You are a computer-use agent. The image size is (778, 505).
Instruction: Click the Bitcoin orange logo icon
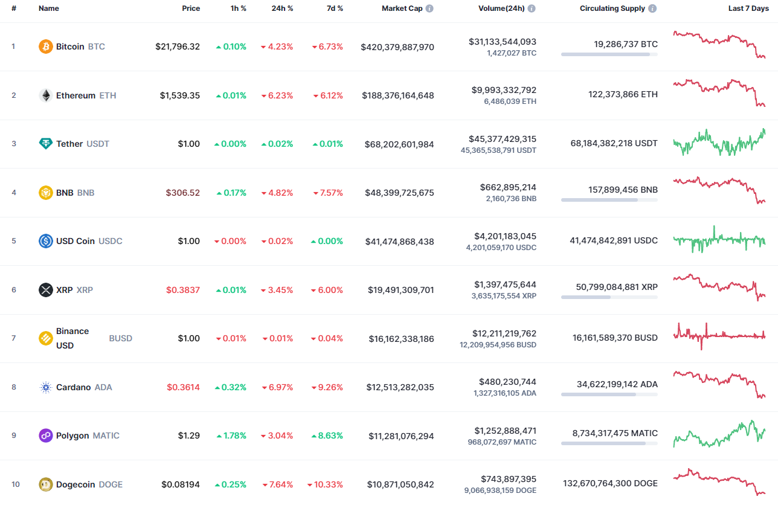46,47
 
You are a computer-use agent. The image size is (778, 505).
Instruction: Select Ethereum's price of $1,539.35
179,95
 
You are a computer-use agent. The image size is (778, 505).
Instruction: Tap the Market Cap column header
402,8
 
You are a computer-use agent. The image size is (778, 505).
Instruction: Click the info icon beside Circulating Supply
653,8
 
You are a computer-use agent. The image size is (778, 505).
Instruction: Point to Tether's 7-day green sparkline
719,143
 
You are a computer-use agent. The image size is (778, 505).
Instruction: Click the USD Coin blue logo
46,241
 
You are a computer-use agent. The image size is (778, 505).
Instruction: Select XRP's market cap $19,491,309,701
400,290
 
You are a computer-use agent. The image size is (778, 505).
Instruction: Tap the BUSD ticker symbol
120,338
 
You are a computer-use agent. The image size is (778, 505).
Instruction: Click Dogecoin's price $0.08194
181,484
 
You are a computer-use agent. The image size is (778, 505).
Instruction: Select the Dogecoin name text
76,484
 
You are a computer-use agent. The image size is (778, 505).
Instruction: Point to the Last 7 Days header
748,8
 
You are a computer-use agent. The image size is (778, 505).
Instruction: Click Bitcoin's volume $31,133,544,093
502,42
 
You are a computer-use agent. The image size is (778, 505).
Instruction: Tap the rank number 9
14,436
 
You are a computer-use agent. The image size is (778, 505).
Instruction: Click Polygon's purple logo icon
46,436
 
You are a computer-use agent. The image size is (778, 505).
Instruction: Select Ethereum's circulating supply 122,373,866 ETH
623,94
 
